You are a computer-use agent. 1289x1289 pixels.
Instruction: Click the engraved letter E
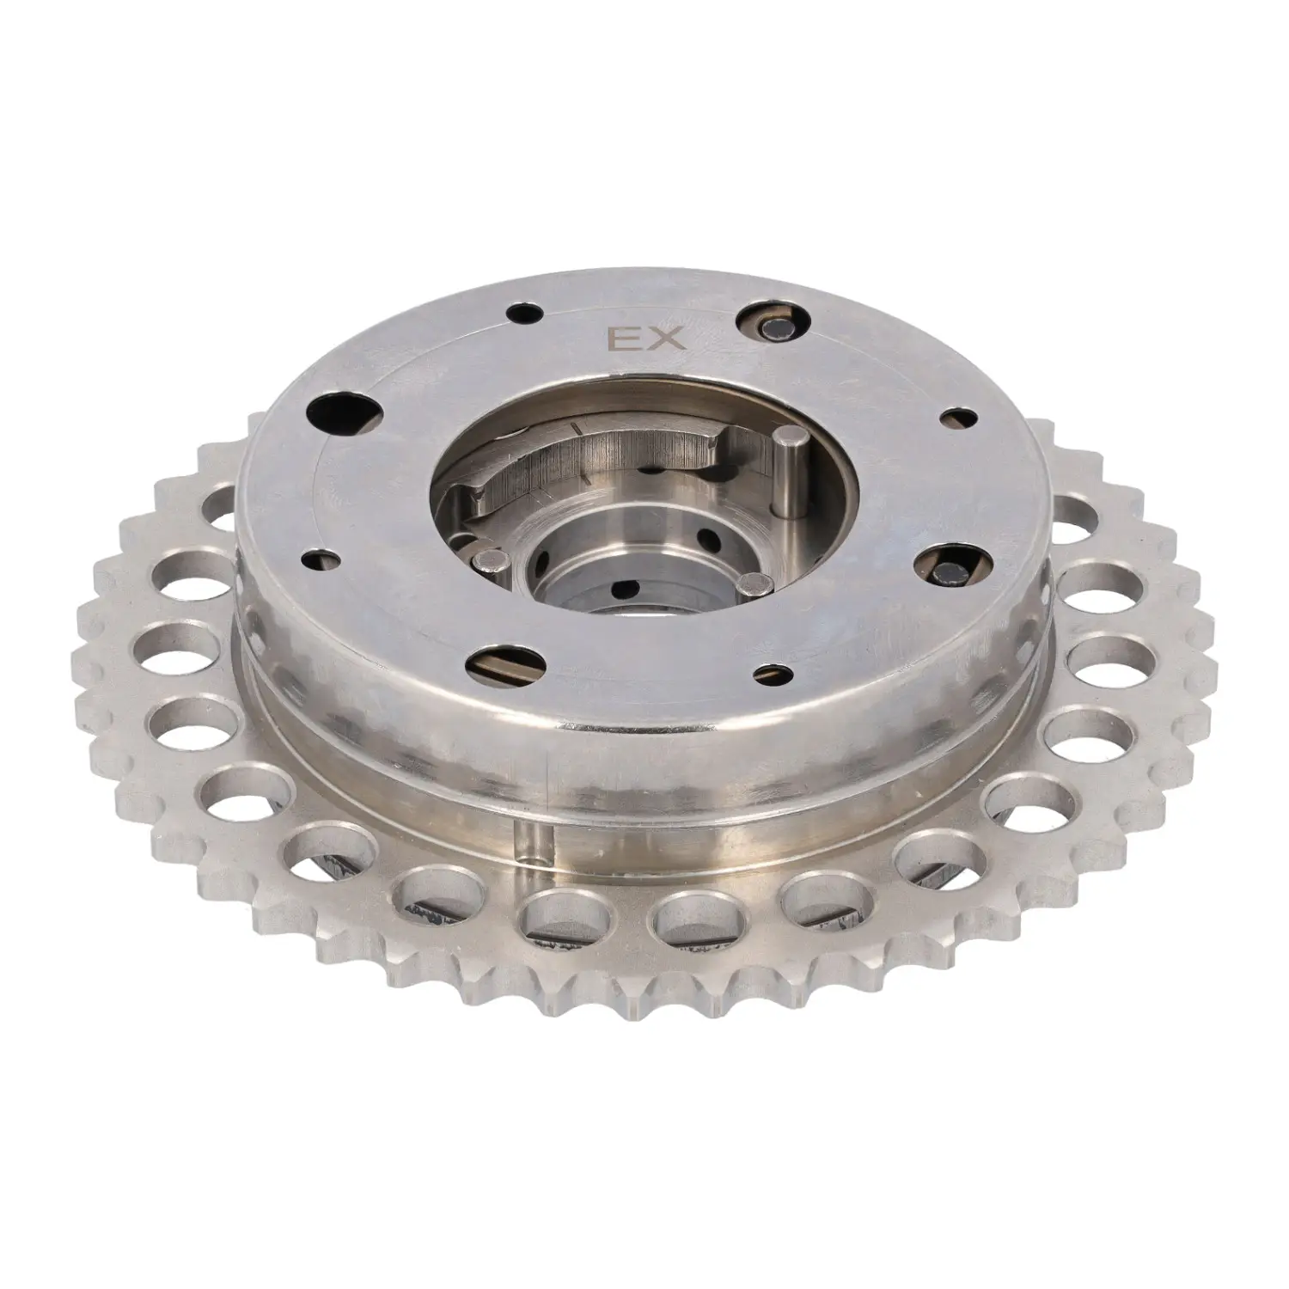pos(620,340)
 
